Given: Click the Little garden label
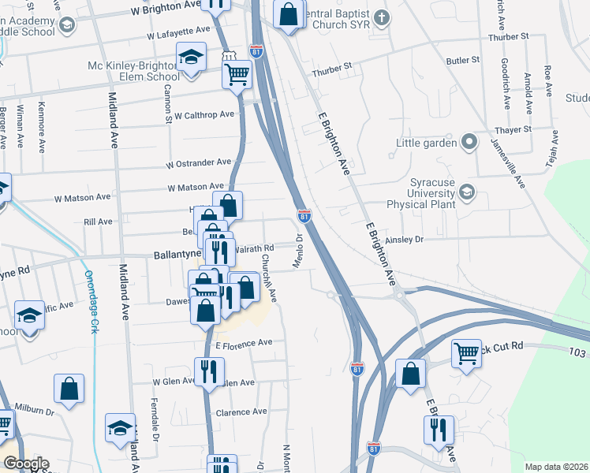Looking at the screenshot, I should (x=427, y=143).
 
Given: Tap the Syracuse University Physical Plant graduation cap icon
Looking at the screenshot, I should (x=468, y=192).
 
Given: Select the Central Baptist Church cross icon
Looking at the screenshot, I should (x=382, y=17).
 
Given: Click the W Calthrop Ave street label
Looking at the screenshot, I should (x=204, y=114).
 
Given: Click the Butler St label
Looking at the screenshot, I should (x=462, y=60).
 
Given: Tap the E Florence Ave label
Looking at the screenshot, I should (x=244, y=343).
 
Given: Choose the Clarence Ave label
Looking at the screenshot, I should (x=241, y=412).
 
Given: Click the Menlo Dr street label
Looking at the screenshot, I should (x=299, y=250).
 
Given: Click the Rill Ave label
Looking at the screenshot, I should (x=98, y=222).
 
